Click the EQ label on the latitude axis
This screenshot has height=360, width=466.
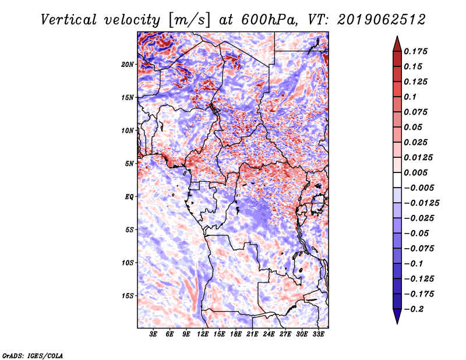[129, 196]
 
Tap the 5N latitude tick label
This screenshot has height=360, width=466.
[130, 163]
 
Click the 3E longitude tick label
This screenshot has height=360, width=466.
[154, 335]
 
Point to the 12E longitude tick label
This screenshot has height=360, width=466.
[203, 335]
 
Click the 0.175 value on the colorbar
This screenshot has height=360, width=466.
[418, 51]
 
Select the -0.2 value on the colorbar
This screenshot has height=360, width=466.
[416, 309]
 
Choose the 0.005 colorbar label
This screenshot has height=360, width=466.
[418, 172]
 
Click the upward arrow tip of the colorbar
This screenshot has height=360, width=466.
[396, 38]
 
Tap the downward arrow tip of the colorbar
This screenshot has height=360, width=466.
[396, 322]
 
